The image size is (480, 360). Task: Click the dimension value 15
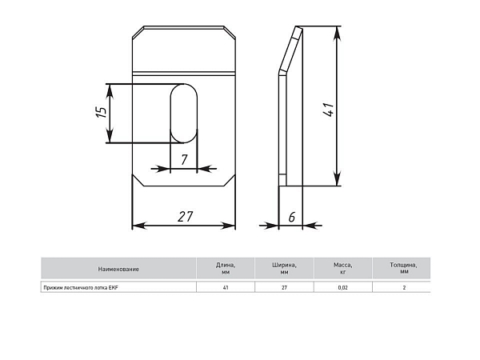(x=102, y=112)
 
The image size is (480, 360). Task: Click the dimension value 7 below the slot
(x=184, y=160)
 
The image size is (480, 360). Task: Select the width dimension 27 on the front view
(x=186, y=217)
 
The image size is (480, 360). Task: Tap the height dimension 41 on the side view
(x=328, y=110)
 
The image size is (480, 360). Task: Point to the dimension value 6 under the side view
(x=292, y=217)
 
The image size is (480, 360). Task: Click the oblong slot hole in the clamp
(x=184, y=114)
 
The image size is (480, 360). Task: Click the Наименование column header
(x=118, y=269)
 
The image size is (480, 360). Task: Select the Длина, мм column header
(x=226, y=268)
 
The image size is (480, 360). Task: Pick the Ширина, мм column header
(x=284, y=268)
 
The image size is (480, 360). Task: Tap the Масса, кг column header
(x=343, y=268)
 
